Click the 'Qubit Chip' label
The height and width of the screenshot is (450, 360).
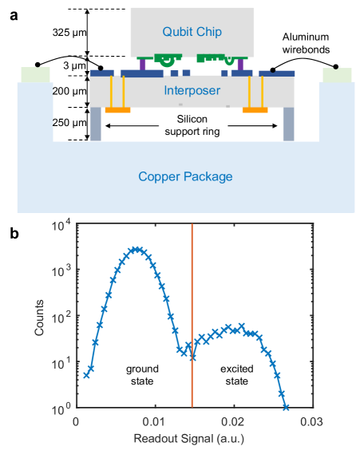pyautogui.click(x=192, y=32)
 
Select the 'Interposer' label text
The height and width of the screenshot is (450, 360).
pyautogui.click(x=192, y=91)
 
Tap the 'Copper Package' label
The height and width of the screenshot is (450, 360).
pyautogui.click(x=185, y=176)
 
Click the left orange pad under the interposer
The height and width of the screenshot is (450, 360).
pyautogui.click(x=118, y=109)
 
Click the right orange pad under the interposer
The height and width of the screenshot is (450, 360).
pyautogui.click(x=255, y=109)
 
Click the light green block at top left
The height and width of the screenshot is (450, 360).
pyautogui.click(x=36, y=74)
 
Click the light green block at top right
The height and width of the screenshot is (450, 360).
pyautogui.click(x=337, y=74)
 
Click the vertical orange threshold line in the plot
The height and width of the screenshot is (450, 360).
pyautogui.click(x=192, y=319)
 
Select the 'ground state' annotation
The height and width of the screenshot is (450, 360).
pyautogui.click(x=143, y=376)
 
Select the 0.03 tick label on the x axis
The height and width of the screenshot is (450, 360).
pyautogui.click(x=311, y=422)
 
